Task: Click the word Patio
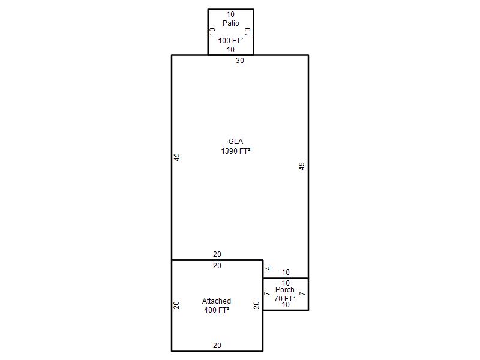[x=231, y=23]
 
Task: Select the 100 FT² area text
[x=231, y=40]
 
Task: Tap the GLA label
[x=236, y=142]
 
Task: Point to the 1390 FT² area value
[x=236, y=151]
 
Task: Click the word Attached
[x=217, y=301]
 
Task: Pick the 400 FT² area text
[x=217, y=310]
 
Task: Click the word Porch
[x=284, y=290]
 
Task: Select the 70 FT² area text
[x=284, y=298]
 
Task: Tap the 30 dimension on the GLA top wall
[x=240, y=61]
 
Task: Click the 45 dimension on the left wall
[x=177, y=157]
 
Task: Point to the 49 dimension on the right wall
[x=302, y=166]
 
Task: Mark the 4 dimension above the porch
[x=268, y=268]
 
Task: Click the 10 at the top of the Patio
[x=230, y=14]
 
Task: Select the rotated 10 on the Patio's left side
[x=212, y=31]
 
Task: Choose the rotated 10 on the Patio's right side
[x=248, y=31]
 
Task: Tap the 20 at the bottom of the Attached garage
[x=217, y=346]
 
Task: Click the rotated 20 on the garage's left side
[x=176, y=305]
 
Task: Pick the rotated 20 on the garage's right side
[x=257, y=305]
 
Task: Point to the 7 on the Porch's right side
[x=302, y=294]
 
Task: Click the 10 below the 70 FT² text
[x=286, y=305]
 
